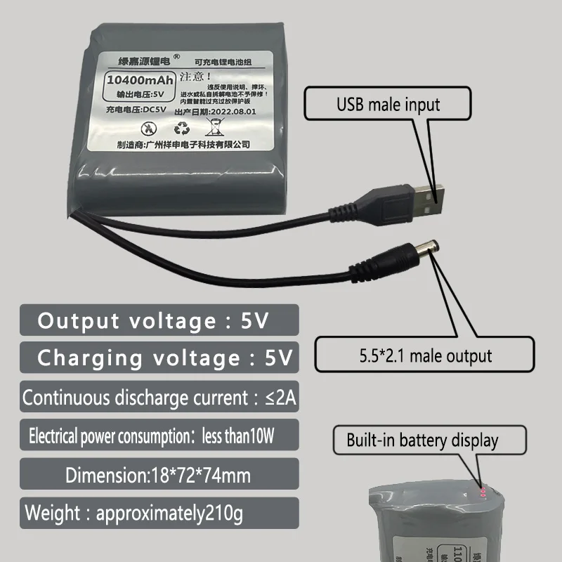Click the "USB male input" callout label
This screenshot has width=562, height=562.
tap(388, 105)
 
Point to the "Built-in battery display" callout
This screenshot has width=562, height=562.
tap(422, 440)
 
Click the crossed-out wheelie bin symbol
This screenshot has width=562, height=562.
tap(214, 127)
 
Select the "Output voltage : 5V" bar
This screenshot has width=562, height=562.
tap(159, 321)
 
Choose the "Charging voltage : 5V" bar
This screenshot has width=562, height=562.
tap(159, 357)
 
